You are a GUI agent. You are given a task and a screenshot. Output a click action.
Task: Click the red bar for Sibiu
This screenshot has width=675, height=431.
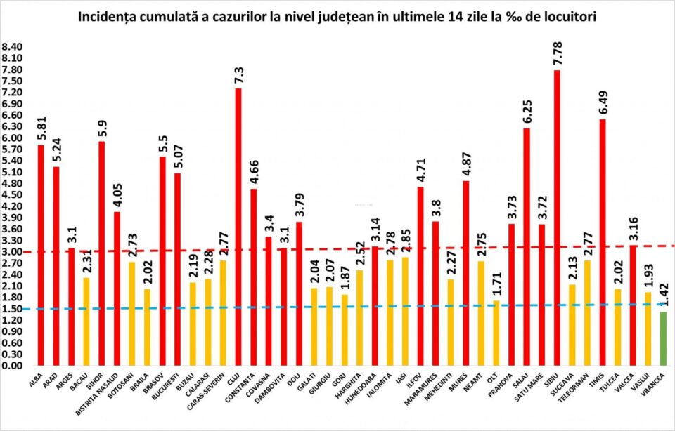coord(557,218)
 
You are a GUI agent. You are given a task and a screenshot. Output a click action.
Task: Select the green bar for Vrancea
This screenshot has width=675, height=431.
coord(663,339)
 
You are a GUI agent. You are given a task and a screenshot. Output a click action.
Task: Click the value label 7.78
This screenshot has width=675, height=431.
coord(557,51)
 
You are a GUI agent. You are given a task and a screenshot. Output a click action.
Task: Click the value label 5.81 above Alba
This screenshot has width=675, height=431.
coord(41,125)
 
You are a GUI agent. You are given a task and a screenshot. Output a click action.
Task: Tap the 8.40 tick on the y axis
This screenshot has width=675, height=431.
coord(12,47)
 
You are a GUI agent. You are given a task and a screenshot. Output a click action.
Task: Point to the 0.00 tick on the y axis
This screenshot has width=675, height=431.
coord(12,366)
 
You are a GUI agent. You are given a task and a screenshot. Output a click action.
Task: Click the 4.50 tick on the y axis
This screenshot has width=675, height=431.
coord(12,195)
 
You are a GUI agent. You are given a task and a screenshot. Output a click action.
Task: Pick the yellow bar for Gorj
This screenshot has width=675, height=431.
coord(345,330)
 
